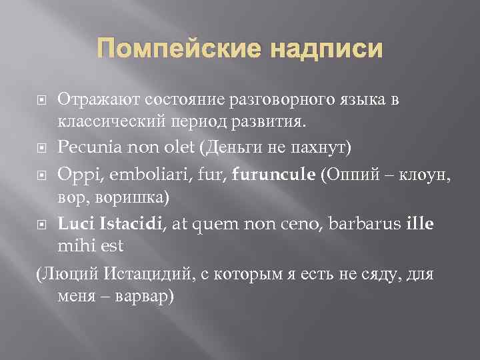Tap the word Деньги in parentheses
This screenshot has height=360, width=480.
239,145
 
